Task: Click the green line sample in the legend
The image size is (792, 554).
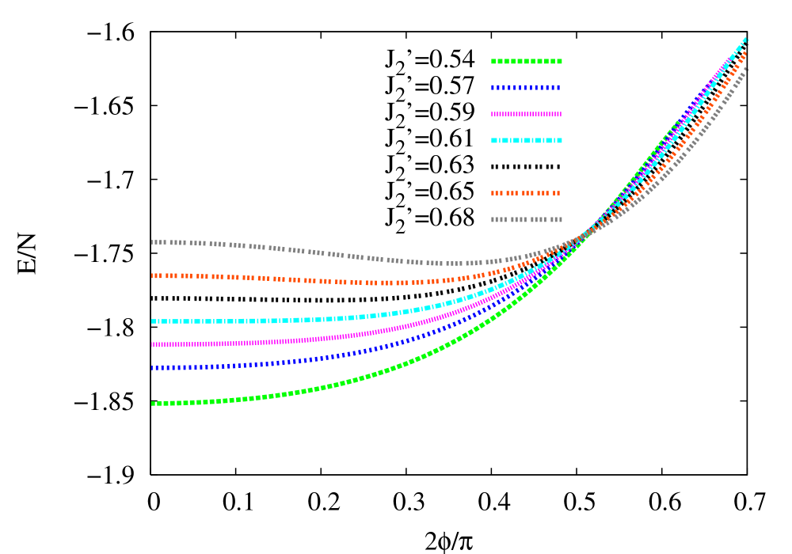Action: click(527, 61)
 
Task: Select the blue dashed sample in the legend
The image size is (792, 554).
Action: click(527, 87)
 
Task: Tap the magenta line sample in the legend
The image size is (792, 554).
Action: click(527, 114)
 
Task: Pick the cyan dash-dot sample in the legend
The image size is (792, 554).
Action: click(527, 140)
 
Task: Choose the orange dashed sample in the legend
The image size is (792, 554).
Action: click(527, 193)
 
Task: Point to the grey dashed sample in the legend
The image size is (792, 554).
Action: click(527, 219)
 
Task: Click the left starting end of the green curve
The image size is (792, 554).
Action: click(154, 404)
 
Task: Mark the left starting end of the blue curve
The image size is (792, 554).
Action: click(154, 367)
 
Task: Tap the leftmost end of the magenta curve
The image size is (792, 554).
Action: click(154, 344)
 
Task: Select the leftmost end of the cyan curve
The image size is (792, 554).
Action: click(154, 321)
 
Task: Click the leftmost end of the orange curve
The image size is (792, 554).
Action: click(154, 275)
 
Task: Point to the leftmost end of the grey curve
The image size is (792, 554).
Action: click(154, 242)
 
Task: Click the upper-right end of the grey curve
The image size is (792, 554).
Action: click(747, 69)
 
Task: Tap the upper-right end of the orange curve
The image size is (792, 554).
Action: click(745, 53)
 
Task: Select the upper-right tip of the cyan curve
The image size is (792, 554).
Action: click(745, 39)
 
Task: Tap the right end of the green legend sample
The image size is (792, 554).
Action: click(560, 61)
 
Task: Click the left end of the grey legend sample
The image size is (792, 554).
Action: click(493, 219)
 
